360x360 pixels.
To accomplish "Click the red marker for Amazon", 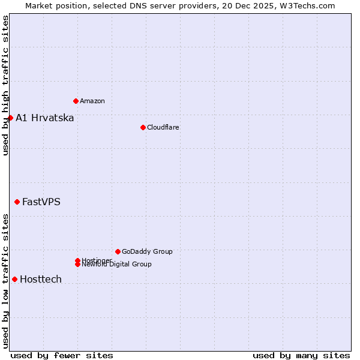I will pyautogui.click(x=76, y=101).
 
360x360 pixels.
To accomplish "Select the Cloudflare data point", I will pyautogui.click(x=143, y=127).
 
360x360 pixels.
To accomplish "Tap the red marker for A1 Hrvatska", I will pyautogui.click(x=10, y=118).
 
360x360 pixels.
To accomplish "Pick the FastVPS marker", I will pyautogui.click(x=17, y=202).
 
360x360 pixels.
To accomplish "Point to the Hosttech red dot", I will pyautogui.click(x=14, y=279).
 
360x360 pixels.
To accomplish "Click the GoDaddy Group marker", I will pyautogui.click(x=118, y=251).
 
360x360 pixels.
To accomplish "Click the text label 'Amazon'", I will pyautogui.click(x=92, y=101).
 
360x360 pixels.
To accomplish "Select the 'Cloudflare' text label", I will pyautogui.click(x=163, y=127).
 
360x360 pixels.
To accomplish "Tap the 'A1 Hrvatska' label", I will pyautogui.click(x=45, y=118).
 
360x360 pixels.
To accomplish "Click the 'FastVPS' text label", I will pyautogui.click(x=41, y=202).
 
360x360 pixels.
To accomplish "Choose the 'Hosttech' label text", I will pyautogui.click(x=41, y=279).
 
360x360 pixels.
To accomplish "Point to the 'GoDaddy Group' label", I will pyautogui.click(x=147, y=251).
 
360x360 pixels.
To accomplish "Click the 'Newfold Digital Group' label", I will pyautogui.click(x=116, y=265).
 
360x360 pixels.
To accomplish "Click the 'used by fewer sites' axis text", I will pyautogui.click(x=62, y=355).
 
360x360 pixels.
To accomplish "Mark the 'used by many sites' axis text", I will pyautogui.click(x=301, y=355).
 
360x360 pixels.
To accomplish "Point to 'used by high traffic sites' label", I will pyautogui.click(x=5, y=85).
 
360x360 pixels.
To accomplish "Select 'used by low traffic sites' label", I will pyautogui.click(x=5, y=280).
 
